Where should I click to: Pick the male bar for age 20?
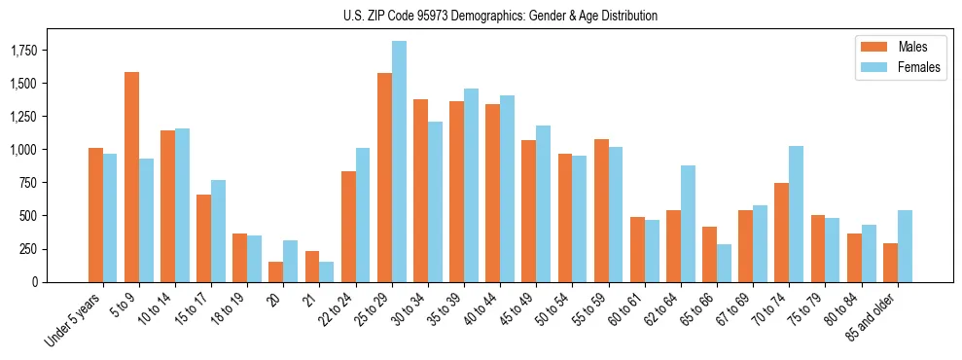click(x=275, y=271)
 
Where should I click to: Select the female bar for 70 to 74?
click(x=796, y=214)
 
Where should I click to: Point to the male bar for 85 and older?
click(x=889, y=263)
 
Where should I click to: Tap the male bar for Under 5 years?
click(x=95, y=215)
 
